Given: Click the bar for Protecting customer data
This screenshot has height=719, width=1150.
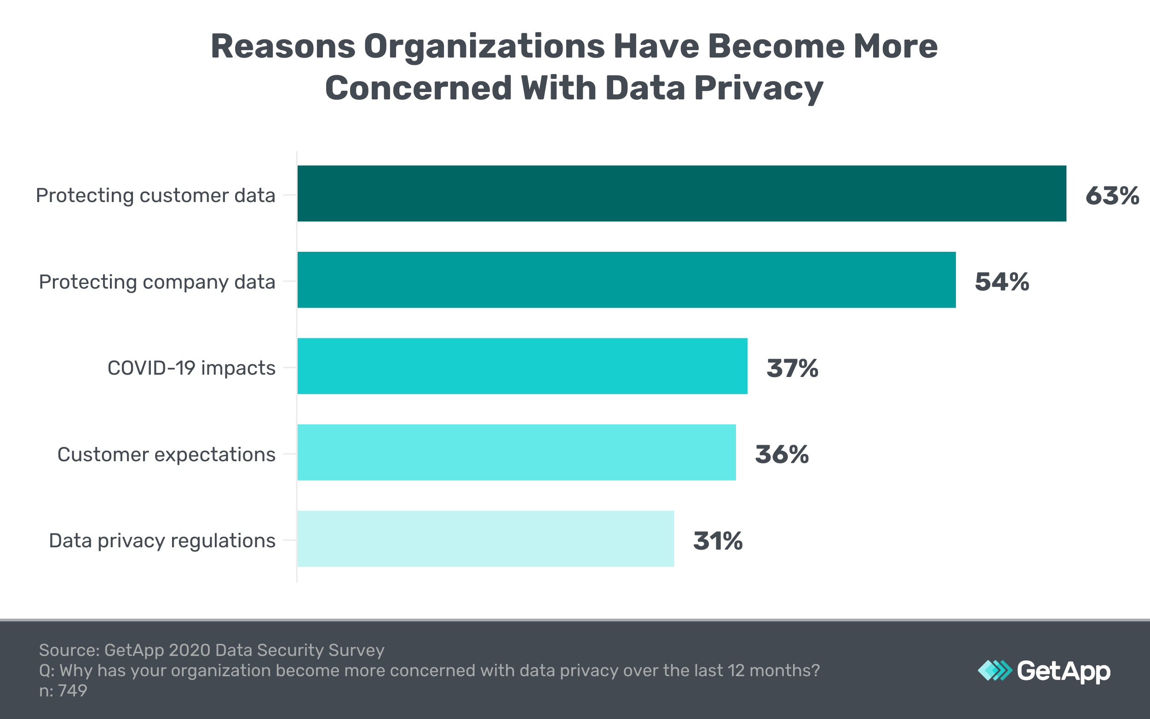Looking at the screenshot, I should tap(681, 193).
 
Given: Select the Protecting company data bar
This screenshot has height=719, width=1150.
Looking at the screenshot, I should tap(627, 279).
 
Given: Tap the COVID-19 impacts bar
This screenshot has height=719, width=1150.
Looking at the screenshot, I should tap(522, 366).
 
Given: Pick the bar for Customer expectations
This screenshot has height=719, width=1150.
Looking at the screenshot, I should tap(517, 452).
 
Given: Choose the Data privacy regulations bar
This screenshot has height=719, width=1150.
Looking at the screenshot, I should tap(486, 539).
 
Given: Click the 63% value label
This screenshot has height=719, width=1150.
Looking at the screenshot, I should tap(1112, 196).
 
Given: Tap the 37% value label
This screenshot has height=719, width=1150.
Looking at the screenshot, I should tap(792, 368).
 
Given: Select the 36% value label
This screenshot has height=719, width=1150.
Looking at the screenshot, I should tap(782, 454).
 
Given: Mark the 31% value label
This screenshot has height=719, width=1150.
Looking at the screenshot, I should tap(718, 541).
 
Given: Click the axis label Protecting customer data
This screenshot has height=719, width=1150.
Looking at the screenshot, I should tap(155, 196).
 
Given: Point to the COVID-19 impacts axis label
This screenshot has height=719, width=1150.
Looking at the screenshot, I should tap(191, 368).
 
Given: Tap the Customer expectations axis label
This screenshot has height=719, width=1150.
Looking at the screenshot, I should tap(167, 455).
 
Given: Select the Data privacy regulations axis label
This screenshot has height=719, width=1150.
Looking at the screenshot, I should tap(162, 541).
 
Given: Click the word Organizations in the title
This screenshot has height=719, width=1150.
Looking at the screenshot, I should tap(484, 46).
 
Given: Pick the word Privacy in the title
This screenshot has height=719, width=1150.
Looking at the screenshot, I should tap(759, 88).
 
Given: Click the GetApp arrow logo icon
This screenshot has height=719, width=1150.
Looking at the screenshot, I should tap(995, 671).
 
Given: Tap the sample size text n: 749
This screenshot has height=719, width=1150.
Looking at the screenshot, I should tap(63, 690).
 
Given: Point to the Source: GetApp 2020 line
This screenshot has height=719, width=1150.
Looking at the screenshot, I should tap(212, 650).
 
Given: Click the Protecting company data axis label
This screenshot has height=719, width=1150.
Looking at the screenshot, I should tap(157, 282).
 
